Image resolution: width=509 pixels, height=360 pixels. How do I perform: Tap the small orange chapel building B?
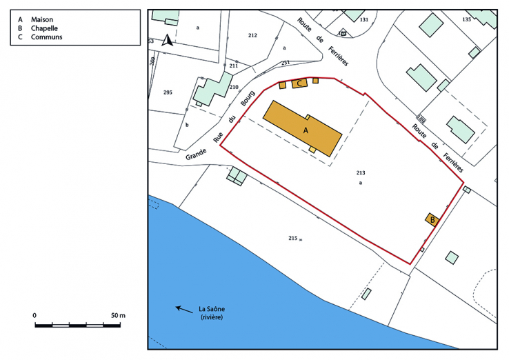click(432, 219)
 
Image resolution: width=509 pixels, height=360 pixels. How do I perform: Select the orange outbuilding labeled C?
click(299, 83)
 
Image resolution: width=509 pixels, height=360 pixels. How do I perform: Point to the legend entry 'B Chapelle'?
click(43, 28)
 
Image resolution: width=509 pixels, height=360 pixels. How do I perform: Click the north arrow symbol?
click(166, 41)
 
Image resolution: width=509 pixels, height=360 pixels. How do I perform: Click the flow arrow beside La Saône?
click(184, 309)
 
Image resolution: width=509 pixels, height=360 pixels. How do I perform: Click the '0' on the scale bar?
click(34, 314)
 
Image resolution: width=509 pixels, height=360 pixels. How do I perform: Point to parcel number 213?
click(360, 172)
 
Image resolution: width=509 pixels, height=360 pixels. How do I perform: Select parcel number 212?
click(252, 35)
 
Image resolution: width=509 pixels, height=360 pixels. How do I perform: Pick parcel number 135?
click(466, 19)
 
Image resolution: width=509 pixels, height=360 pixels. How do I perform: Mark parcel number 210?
click(234, 87)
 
